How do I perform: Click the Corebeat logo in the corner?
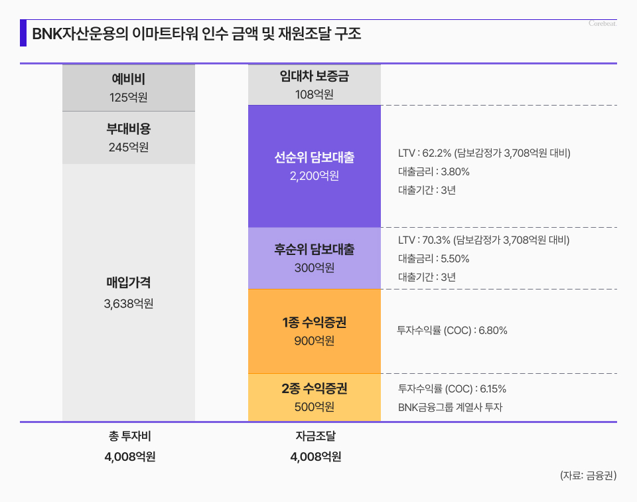tap(603, 24)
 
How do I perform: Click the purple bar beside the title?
tap(23, 33)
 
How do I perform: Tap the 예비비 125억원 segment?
tap(129, 88)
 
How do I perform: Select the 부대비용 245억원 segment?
tap(129, 137)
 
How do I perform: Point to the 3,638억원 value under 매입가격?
tap(129, 304)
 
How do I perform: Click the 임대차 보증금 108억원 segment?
tap(314, 85)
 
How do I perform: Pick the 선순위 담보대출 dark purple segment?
tap(314, 166)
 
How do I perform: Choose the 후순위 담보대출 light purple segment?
tap(314, 258)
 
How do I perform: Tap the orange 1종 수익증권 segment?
tap(314, 331)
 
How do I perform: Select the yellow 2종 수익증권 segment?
tap(314, 397)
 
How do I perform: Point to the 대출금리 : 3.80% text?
tap(434, 172)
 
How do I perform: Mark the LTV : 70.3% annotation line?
tap(484, 240)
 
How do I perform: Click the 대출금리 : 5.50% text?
tap(434, 259)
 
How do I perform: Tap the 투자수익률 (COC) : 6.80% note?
tap(452, 330)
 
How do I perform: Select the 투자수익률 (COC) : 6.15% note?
tap(452, 389)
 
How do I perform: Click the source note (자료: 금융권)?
tap(589, 475)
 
